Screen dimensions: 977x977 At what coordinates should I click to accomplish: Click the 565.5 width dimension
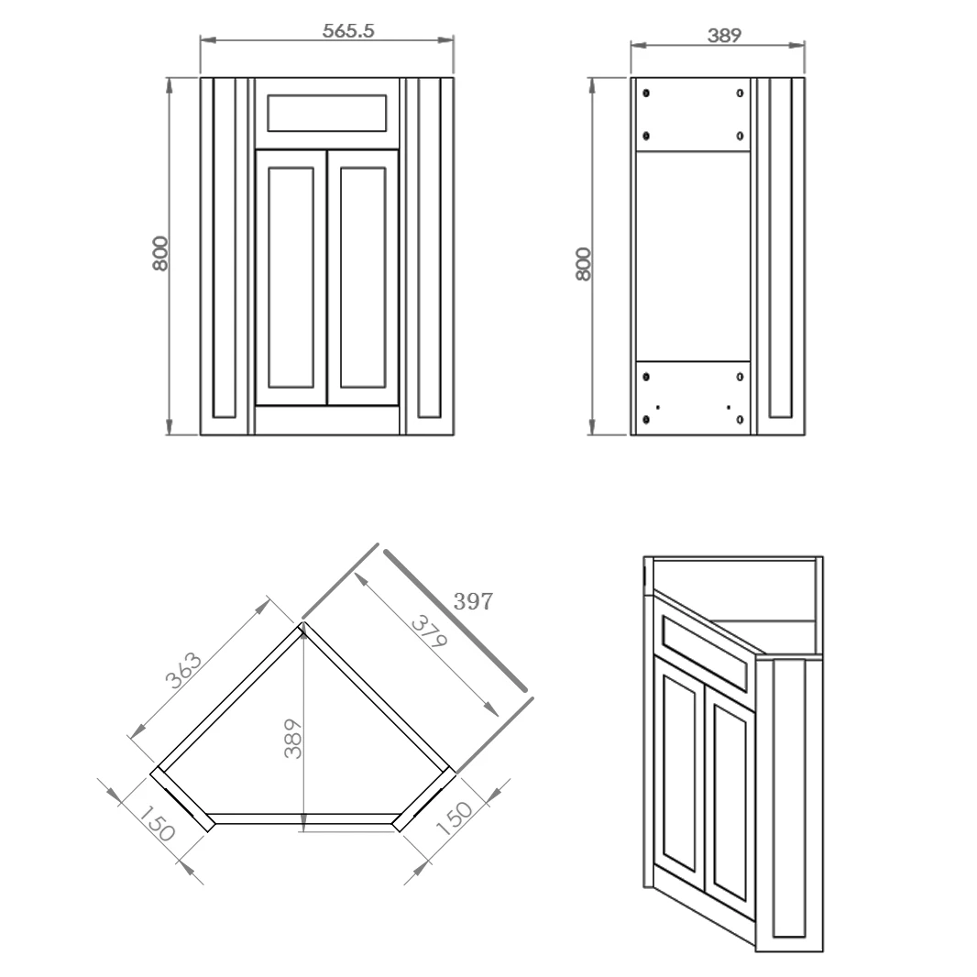[x=348, y=30]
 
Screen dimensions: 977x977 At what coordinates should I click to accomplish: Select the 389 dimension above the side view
[x=724, y=36]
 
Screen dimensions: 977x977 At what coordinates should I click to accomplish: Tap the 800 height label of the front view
[x=160, y=253]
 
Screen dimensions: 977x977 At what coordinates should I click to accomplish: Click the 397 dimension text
[x=474, y=602]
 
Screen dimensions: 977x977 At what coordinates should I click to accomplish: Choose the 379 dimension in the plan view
[x=427, y=633]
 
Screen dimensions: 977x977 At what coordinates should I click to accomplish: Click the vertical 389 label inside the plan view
[x=292, y=738]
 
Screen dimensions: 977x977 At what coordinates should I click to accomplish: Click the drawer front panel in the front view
[x=326, y=113]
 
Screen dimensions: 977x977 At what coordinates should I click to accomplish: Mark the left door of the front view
[x=291, y=277]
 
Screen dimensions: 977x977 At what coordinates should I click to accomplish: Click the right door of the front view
[x=363, y=277]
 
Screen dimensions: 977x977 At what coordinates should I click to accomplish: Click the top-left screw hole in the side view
[x=647, y=93]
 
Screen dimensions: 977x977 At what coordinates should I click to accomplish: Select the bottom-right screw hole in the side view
[x=741, y=420]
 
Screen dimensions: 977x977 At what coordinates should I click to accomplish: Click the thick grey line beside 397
[x=456, y=620]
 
